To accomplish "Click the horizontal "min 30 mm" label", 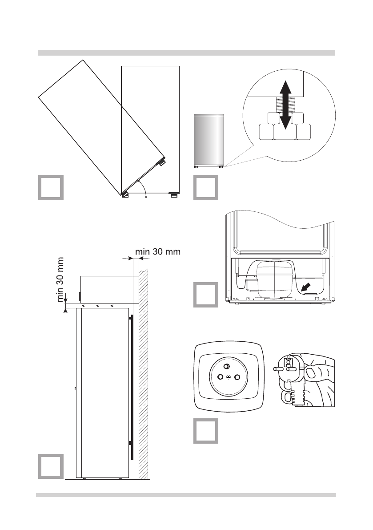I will pyautogui.click(x=157, y=252).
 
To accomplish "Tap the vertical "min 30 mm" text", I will pyautogui.click(x=61, y=279).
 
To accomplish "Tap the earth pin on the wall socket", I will pyautogui.click(x=226, y=366).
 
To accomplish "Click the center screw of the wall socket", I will pyautogui.click(x=229, y=377).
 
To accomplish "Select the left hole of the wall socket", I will pyautogui.click(x=220, y=377).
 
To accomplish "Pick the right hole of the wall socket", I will pyautogui.click(x=237, y=377).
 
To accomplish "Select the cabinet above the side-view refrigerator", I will pyautogui.click(x=109, y=289).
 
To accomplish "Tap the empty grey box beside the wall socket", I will pyautogui.click(x=205, y=431).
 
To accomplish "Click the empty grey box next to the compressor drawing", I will pyautogui.click(x=205, y=295).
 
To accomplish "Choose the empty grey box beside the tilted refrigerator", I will pyautogui.click(x=50, y=188).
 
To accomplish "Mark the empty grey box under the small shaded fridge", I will pyautogui.click(x=205, y=188).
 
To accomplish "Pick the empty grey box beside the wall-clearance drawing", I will pyautogui.click(x=50, y=466).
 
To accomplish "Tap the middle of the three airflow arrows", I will pyautogui.click(x=100, y=306).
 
